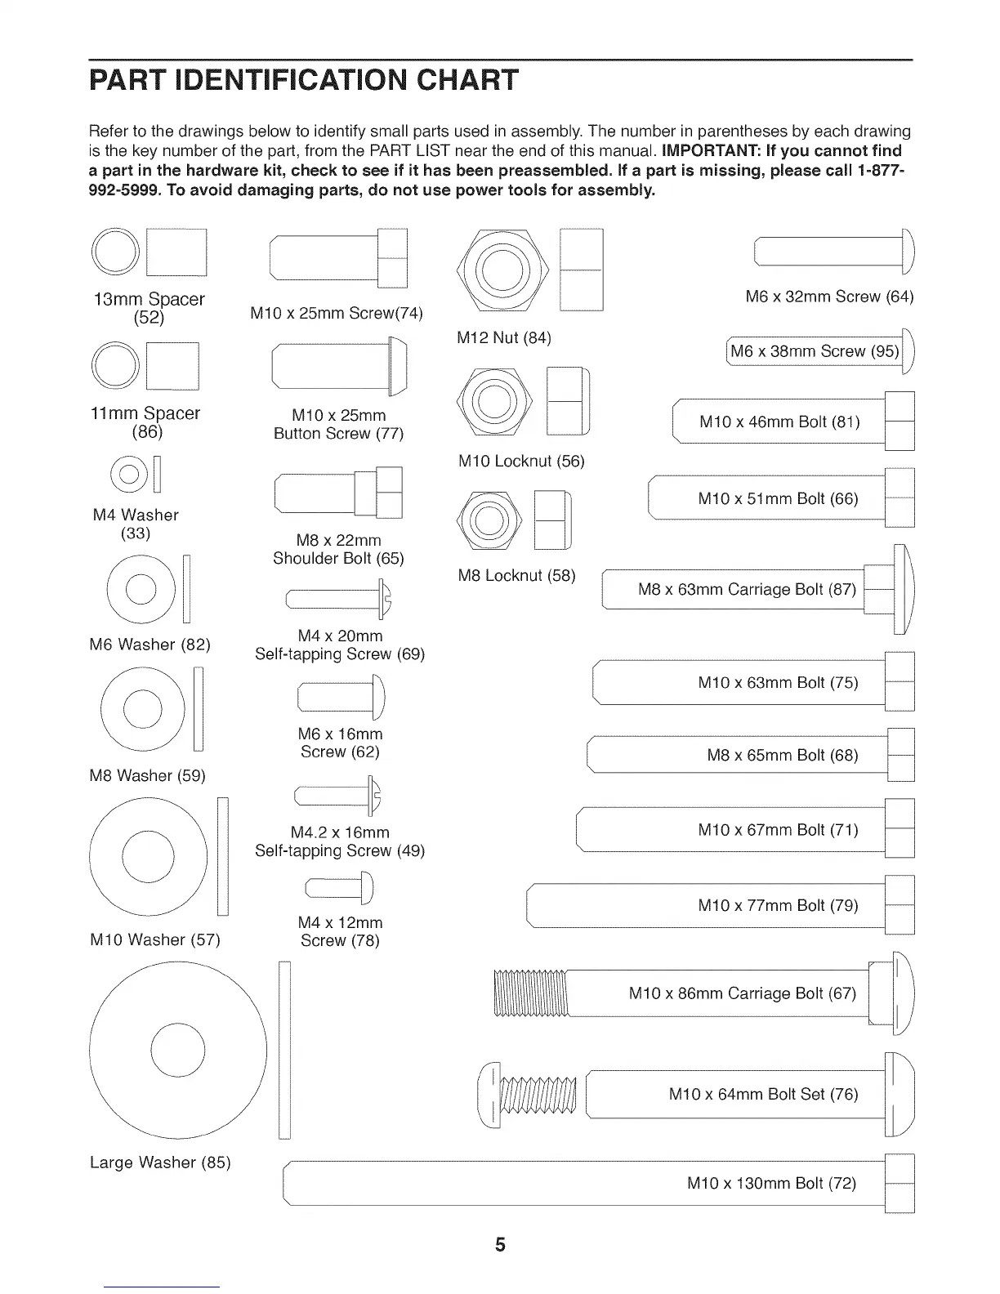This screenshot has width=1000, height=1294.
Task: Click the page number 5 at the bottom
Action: click(x=500, y=1245)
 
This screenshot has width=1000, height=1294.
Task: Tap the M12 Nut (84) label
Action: click(x=504, y=337)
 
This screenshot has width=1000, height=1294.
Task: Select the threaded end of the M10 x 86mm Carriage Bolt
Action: click(x=532, y=993)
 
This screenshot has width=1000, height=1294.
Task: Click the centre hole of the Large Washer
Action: click(x=177, y=1050)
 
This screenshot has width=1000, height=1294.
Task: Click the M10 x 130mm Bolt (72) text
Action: click(x=771, y=1183)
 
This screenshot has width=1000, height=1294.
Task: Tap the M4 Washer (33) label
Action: click(x=135, y=524)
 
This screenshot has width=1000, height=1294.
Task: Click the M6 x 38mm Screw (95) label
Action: click(x=814, y=351)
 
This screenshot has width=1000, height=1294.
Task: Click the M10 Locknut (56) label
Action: click(x=521, y=461)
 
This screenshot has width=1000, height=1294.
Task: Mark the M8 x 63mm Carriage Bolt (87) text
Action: click(x=746, y=589)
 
